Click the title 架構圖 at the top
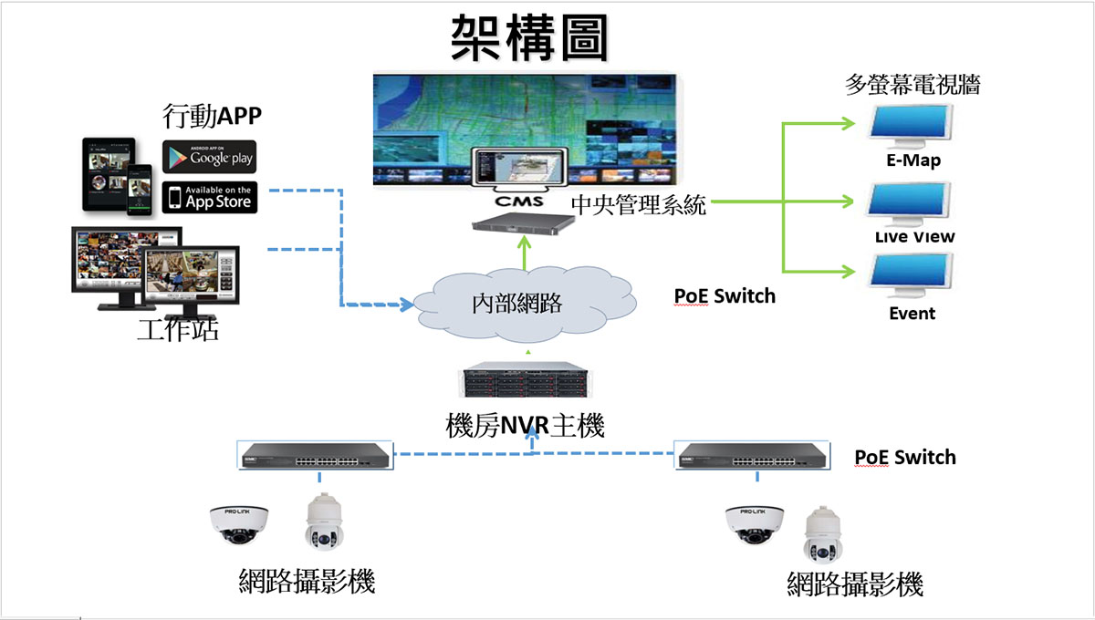pos(529,38)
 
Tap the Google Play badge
pos(209,157)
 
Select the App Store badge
pos(209,197)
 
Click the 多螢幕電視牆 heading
pos(912,86)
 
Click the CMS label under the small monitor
pos(518,200)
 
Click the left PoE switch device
pos(316,453)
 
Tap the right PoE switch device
pos(753,453)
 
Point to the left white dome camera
pos(239,524)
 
